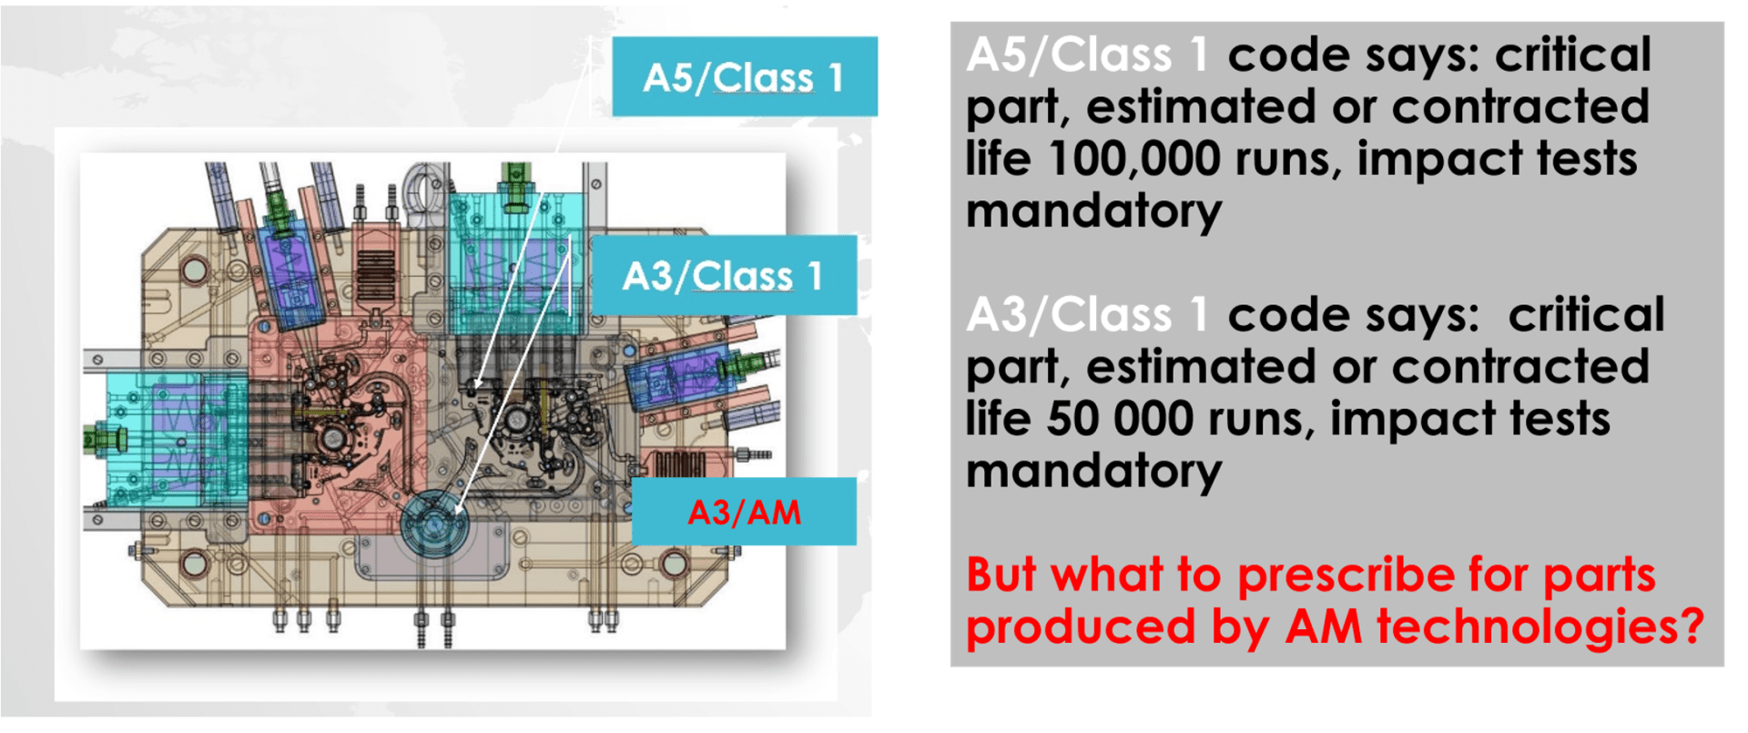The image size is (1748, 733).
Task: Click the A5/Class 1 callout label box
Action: [x=745, y=76]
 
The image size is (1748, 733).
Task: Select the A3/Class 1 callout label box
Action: [x=724, y=275]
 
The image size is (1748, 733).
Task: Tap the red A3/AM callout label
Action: [x=744, y=512]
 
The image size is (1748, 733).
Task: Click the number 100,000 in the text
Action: [x=1133, y=158]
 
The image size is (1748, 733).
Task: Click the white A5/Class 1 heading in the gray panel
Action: [x=1087, y=55]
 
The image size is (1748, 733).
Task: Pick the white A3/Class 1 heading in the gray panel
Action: [x=1087, y=315]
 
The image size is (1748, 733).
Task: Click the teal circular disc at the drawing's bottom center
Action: [x=433, y=524]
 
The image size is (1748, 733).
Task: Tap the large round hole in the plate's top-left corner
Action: [x=194, y=270]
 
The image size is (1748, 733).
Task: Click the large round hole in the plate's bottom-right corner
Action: [x=674, y=565]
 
